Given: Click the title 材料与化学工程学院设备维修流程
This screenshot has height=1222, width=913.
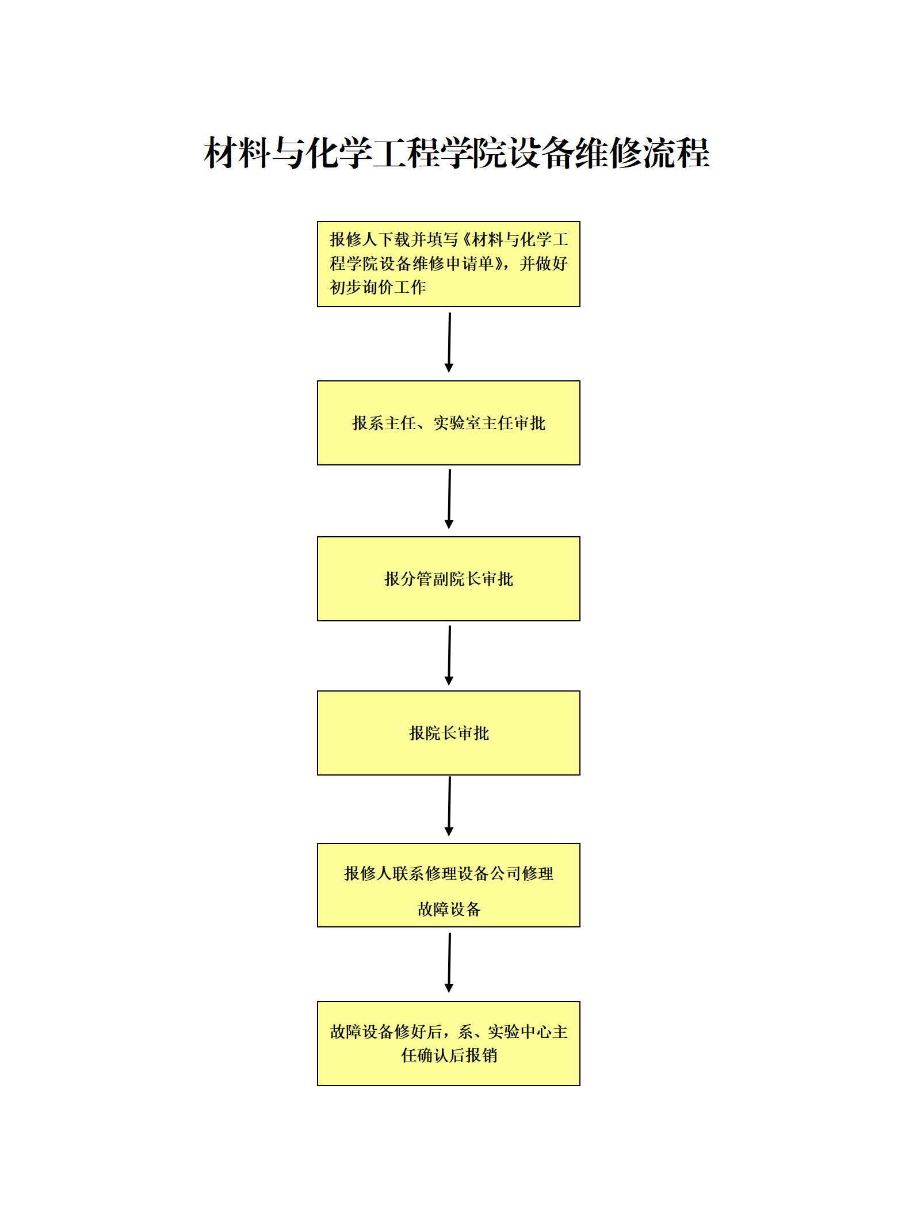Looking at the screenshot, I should pyautogui.click(x=456, y=154).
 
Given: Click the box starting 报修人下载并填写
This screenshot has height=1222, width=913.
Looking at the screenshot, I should pyautogui.click(x=448, y=264).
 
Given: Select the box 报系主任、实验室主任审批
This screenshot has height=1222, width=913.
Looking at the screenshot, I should pyautogui.click(x=448, y=423).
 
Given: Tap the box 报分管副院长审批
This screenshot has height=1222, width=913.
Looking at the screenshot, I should pyautogui.click(x=448, y=579).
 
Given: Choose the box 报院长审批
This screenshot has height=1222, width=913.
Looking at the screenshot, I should pyautogui.click(x=448, y=733).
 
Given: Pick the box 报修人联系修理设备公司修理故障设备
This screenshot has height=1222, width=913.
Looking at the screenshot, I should pyautogui.click(x=448, y=885).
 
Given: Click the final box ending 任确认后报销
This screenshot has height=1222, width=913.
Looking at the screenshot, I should pyautogui.click(x=448, y=1044).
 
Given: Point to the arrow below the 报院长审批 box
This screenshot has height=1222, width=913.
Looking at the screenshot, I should pyautogui.click(x=449, y=806).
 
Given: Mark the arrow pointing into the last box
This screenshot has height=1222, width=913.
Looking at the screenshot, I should pyautogui.click(x=449, y=963).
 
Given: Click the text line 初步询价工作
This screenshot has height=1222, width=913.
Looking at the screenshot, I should pyautogui.click(x=377, y=287).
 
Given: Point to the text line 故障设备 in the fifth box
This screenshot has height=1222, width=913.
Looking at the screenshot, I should pyautogui.click(x=449, y=909).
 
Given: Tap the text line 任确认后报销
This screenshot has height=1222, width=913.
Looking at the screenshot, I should pyautogui.click(x=449, y=1055).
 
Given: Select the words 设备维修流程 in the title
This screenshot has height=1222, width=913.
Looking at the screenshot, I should pyautogui.click(x=609, y=154).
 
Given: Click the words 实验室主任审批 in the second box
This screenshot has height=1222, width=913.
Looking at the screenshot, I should pyautogui.click(x=489, y=423).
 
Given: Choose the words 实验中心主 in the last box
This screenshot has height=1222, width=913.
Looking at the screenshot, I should pyautogui.click(x=527, y=1032).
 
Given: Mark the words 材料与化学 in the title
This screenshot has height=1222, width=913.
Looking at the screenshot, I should pyautogui.click(x=288, y=154).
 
